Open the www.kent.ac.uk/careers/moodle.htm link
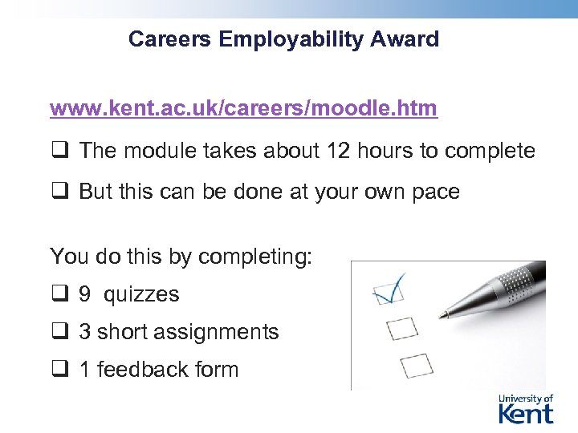pos(243,108)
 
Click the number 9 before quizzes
pos(84,294)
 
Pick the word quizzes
pos(141,294)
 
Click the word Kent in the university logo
pos(526,413)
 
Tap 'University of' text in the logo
pos(526,399)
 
